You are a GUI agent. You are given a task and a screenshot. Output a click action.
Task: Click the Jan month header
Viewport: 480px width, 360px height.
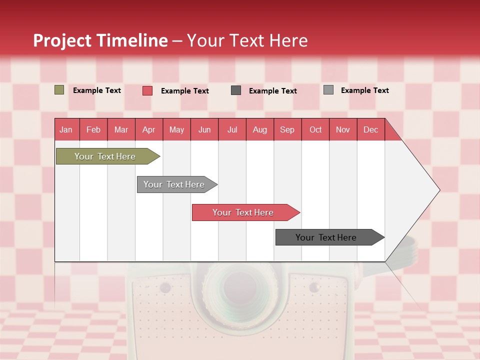tap(66, 129)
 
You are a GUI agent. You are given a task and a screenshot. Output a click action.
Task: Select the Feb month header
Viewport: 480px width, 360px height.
tap(93, 129)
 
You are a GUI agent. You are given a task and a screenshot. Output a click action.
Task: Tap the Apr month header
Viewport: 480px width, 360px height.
tap(149, 129)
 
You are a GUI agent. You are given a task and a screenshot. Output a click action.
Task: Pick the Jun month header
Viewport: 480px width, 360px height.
tap(204, 129)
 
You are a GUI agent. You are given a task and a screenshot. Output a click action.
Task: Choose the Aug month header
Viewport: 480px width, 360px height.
tap(260, 129)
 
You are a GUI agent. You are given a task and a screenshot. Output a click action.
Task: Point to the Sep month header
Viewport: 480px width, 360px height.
tap(287, 129)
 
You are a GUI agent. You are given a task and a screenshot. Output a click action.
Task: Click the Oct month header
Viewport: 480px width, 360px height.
tap(315, 129)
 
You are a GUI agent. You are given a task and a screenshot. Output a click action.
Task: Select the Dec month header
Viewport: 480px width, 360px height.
tap(371, 129)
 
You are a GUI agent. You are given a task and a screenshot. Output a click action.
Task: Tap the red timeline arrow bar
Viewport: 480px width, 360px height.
tap(243, 212)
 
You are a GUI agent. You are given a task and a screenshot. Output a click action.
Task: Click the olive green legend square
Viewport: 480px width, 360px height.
tap(59, 90)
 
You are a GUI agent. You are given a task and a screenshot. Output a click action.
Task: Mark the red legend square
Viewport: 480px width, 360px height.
tap(147, 90)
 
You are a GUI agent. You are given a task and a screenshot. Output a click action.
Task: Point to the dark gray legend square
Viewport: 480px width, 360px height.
tap(236, 90)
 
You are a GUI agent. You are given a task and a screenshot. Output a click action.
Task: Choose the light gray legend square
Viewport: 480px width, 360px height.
tap(328, 90)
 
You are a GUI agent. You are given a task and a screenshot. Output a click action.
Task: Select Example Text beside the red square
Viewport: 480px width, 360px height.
tap(184, 91)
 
